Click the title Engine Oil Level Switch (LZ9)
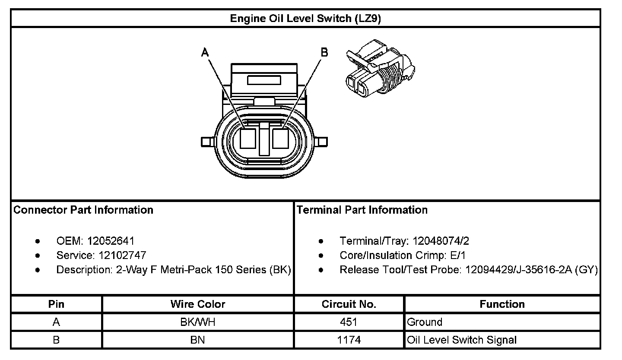point(305,19)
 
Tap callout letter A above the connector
point(206,53)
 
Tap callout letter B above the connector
point(324,53)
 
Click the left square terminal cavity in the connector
point(248,140)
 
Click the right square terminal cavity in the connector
point(281,140)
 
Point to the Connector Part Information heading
point(83,210)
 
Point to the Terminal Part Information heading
point(362,210)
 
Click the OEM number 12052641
point(111,240)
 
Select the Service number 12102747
point(120,255)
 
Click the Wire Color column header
point(198,304)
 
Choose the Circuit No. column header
point(349,304)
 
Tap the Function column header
point(502,304)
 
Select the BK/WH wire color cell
point(198,322)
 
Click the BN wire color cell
point(198,340)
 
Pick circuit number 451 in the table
point(349,322)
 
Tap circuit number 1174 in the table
point(349,340)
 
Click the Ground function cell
point(425,322)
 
